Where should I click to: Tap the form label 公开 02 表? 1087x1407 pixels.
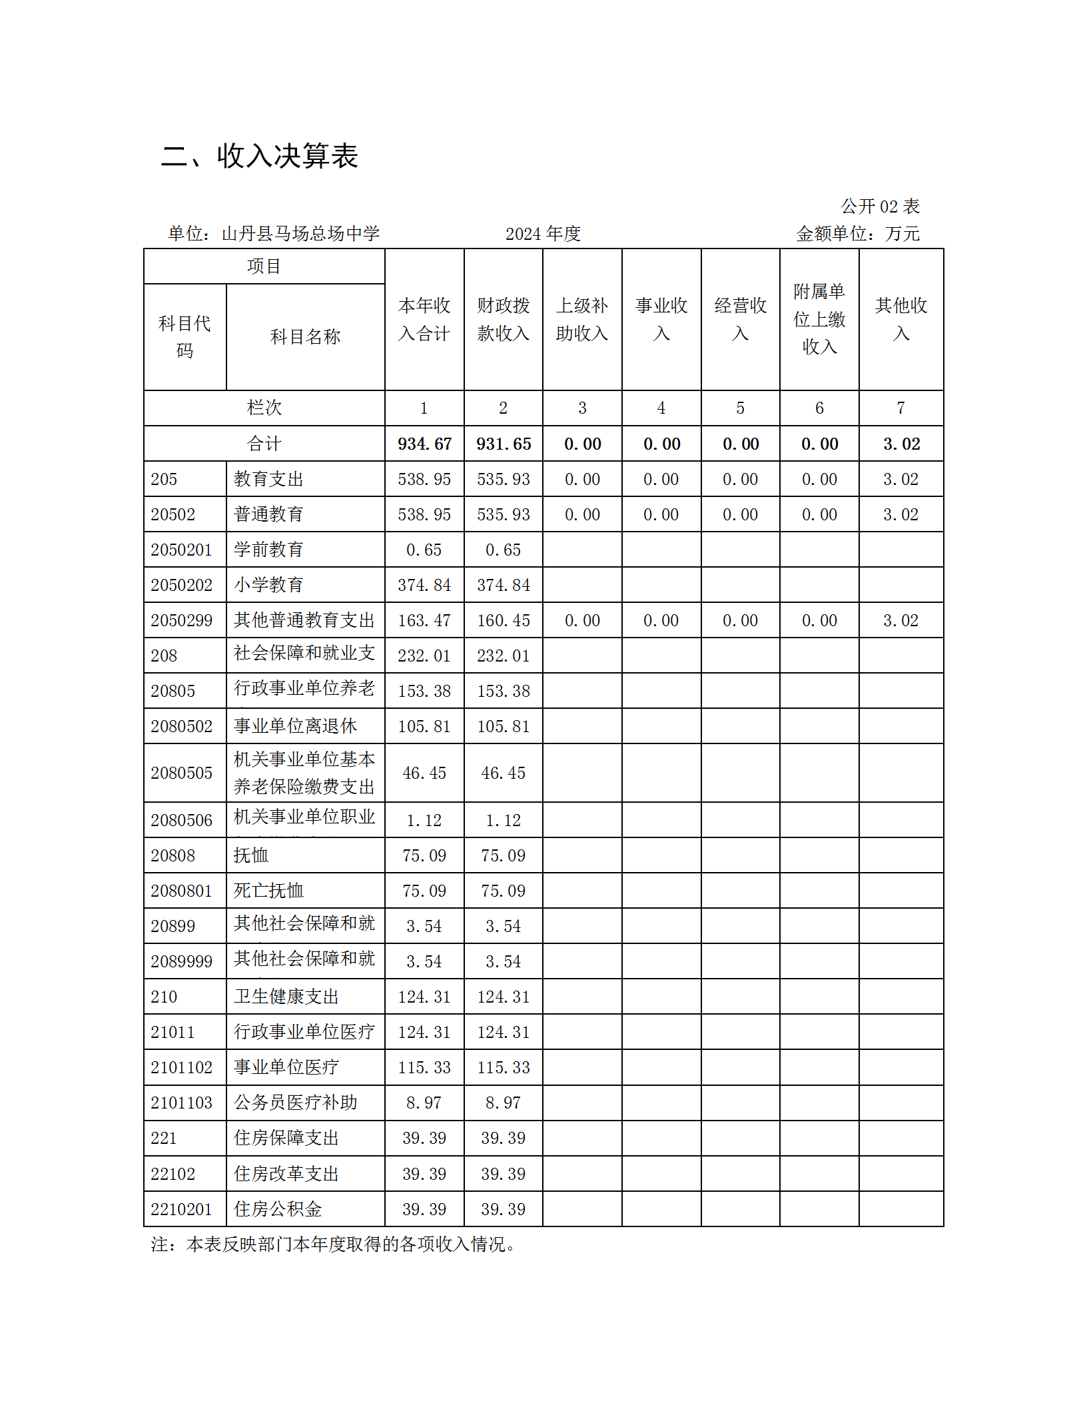click(880, 207)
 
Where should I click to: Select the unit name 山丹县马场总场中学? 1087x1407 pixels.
click(300, 234)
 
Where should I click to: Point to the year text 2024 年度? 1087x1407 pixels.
click(543, 234)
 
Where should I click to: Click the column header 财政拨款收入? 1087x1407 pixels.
click(503, 320)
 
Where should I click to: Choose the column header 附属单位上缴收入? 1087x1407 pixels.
click(819, 320)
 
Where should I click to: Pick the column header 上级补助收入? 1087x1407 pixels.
click(582, 320)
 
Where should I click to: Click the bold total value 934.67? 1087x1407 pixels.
click(424, 444)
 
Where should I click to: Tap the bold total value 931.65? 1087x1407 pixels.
click(504, 444)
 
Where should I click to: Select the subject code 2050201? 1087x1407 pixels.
click(181, 550)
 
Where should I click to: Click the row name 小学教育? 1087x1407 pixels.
click(268, 586)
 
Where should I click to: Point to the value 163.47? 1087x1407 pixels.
click(424, 621)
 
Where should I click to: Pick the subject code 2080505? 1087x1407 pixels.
click(181, 773)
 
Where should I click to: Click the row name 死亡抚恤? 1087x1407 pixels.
click(268, 891)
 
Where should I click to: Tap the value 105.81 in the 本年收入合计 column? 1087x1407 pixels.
click(424, 727)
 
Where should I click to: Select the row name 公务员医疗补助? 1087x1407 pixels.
click(295, 1103)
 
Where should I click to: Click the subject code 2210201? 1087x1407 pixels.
click(181, 1210)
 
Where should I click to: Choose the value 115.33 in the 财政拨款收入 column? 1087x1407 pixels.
click(504, 1068)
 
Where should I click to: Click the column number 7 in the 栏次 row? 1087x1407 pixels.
click(901, 408)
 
